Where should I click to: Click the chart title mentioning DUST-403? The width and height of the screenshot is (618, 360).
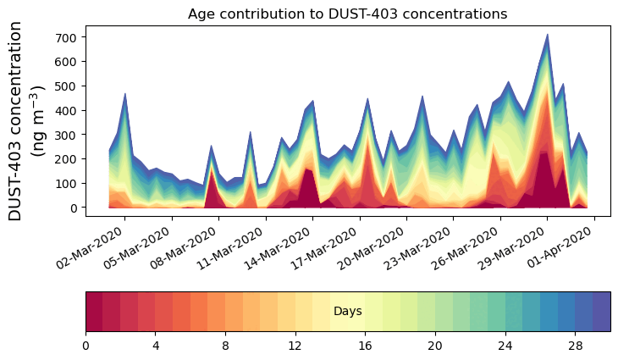pyautogui.click(x=347, y=14)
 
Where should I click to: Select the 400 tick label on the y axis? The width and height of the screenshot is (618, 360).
pyautogui.click(x=68, y=110)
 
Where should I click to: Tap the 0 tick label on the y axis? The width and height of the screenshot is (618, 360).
pyautogui.click(x=74, y=208)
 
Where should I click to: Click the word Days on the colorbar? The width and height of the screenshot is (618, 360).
pyautogui.click(x=348, y=312)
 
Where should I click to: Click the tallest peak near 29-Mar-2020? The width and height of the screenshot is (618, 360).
pyautogui.click(x=548, y=36)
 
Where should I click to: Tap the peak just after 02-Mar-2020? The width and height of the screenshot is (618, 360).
pyautogui.click(x=125, y=94)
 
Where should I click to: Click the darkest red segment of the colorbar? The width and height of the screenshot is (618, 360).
pyautogui.click(x=94, y=312)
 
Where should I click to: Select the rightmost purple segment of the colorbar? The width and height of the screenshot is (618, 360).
pyautogui.click(x=602, y=312)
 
